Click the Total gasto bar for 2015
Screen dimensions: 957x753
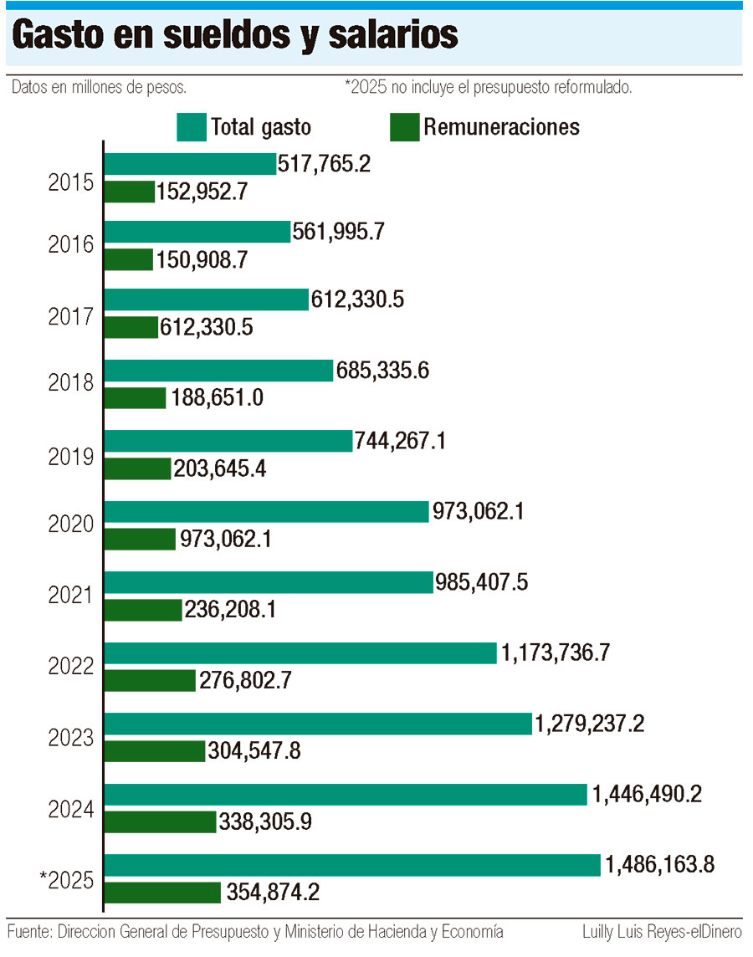click(x=190, y=164)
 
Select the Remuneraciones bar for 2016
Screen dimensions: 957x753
click(x=129, y=260)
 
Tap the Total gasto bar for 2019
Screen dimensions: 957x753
click(x=228, y=441)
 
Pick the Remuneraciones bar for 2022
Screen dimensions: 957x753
click(x=150, y=680)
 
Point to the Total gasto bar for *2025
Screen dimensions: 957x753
click(x=352, y=865)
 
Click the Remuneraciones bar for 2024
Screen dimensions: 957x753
click(x=160, y=822)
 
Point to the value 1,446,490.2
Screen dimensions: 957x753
click(x=647, y=795)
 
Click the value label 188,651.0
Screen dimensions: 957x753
click(x=218, y=397)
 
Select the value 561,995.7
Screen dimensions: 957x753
click(x=339, y=232)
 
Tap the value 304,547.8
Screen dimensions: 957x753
click(x=254, y=751)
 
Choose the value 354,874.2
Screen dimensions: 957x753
click(x=273, y=893)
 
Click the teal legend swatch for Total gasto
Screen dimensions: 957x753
click(x=191, y=127)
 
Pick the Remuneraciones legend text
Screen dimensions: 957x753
click(x=501, y=127)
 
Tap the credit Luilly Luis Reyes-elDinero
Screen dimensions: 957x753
click(x=662, y=931)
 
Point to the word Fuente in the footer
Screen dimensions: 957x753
click(x=29, y=931)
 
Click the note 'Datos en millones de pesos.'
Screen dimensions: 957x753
click(x=99, y=86)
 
